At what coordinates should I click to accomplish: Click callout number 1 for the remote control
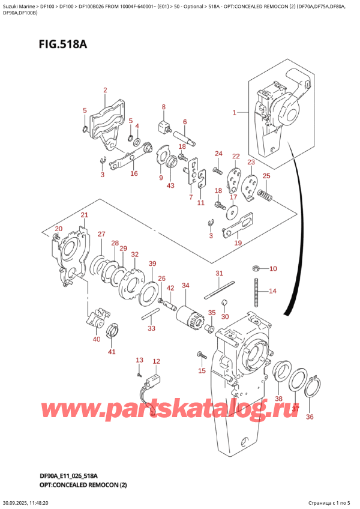coord(235,112)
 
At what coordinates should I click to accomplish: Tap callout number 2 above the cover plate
coord(105,91)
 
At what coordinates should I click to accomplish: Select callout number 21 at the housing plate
coord(84,215)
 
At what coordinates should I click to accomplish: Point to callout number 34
coord(185,285)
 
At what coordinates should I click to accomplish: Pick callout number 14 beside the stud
coord(272,292)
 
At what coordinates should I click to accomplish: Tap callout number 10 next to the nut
coord(273,268)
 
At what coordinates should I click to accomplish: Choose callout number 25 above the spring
coord(266,176)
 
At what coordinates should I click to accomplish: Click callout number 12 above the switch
coord(157,361)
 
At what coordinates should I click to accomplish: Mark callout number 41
coord(112,352)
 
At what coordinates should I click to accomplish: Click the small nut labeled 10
coord(256,268)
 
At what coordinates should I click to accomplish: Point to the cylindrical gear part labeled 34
coord(185,313)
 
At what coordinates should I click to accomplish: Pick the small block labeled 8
coord(163,127)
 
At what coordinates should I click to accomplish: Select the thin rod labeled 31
coord(218,292)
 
